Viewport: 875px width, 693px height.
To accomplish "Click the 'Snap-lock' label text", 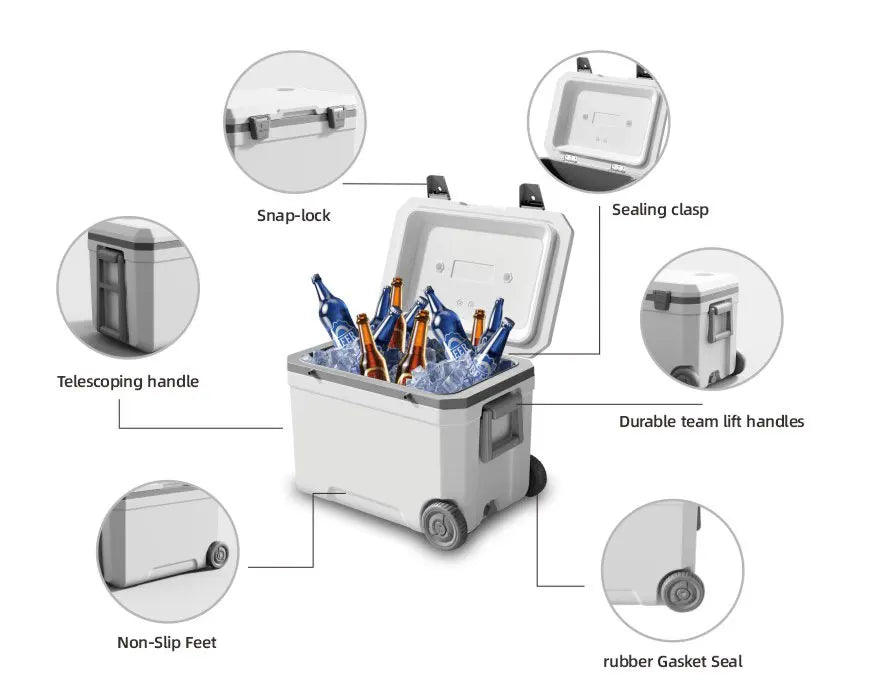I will pos(293,215).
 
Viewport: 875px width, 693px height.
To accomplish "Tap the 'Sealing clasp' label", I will pos(660,209).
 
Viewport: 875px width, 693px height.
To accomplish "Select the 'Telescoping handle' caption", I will pos(128,381).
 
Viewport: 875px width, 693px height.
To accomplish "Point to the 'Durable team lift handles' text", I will pos(711,421).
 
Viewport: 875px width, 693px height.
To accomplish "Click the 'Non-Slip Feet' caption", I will pos(166,642).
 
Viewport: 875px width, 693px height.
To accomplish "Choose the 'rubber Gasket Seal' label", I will pos(672,661).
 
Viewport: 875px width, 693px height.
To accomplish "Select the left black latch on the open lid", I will pos(437,186).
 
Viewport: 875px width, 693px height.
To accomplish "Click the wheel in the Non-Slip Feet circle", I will pos(217,555).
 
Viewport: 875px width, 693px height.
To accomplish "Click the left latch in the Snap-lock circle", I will pos(258,125).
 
